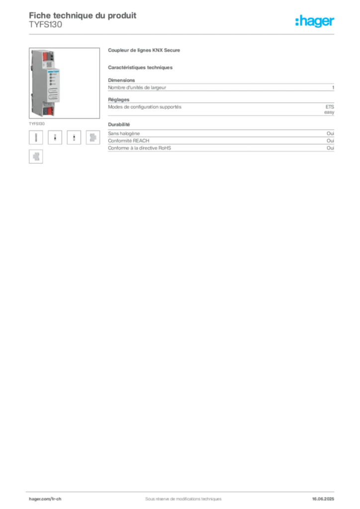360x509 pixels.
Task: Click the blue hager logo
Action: point(315,21)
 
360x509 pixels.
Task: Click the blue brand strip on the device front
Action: point(53,72)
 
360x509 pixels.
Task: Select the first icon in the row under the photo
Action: point(36,137)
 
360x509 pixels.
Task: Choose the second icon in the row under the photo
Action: point(56,137)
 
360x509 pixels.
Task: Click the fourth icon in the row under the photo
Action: point(92,137)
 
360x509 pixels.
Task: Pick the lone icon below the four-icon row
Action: point(36,157)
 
